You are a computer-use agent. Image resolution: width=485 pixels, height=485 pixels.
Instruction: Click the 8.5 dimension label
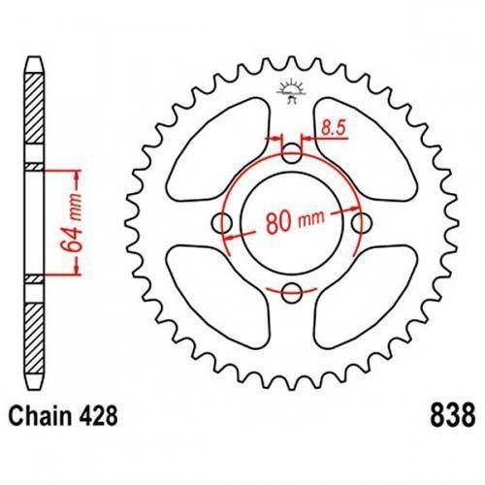click(x=334, y=128)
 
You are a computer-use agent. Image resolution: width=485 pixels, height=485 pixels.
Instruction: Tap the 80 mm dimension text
click(x=295, y=221)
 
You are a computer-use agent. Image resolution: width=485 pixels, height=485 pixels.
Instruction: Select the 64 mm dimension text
click(x=72, y=223)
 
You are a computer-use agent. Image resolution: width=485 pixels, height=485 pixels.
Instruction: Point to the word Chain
click(x=40, y=415)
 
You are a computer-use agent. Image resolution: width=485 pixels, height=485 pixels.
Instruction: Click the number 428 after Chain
click(x=97, y=415)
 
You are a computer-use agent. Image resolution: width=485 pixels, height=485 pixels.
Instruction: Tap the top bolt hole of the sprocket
click(x=291, y=153)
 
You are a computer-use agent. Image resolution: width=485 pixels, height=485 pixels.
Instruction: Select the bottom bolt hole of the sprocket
click(x=291, y=293)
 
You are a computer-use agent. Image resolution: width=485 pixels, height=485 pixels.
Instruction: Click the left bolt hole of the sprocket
click(x=223, y=223)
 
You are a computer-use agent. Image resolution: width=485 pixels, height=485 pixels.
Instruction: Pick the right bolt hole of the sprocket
click(x=362, y=223)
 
